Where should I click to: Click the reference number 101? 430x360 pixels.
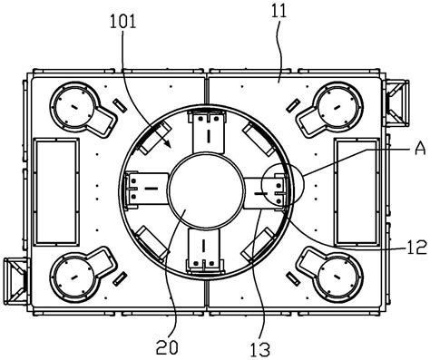tap(122, 22)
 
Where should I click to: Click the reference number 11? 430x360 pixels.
tap(279, 11)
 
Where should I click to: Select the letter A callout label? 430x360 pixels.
tap(420, 149)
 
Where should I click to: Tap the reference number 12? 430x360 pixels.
tap(417, 247)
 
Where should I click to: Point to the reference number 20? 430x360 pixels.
tap(167, 347)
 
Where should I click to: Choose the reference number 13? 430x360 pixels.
tap(259, 350)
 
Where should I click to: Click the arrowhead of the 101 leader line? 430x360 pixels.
tap(169, 145)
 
